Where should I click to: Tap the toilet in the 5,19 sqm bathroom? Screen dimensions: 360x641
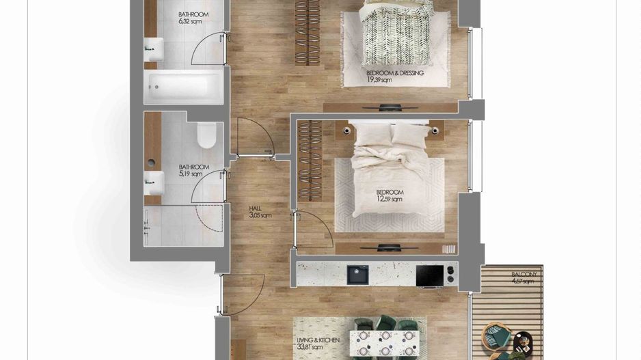206,136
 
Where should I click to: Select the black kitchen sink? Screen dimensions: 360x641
357,275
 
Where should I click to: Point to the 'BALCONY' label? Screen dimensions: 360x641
524,274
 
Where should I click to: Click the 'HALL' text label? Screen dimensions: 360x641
256,208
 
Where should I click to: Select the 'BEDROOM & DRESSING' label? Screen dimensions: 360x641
395,72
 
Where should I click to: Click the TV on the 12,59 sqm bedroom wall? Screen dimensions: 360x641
390,247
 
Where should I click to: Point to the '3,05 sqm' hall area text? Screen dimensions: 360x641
260,216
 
